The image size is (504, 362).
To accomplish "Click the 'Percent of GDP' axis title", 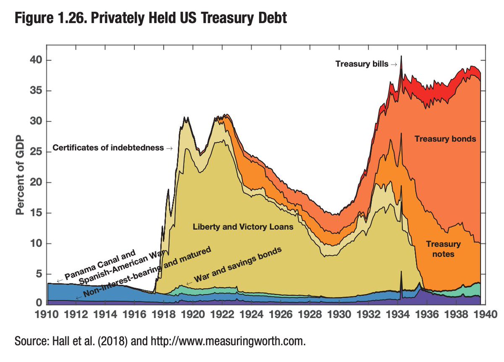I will [x=20, y=175].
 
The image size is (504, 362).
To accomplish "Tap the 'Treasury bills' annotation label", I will [x=362, y=64].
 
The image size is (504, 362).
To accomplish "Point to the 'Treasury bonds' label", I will [x=445, y=138].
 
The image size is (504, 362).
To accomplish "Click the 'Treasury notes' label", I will [x=443, y=249].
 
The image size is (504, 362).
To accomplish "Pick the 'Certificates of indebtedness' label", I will [x=108, y=148].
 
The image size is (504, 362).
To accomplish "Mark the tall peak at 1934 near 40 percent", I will [x=401, y=57].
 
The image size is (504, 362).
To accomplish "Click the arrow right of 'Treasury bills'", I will [x=394, y=64].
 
